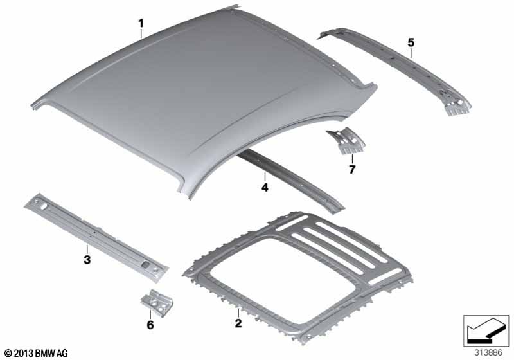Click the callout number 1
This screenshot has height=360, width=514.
point(141,24)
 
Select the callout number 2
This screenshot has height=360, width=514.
point(238,323)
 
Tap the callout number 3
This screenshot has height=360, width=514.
point(87,260)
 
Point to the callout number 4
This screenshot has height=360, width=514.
point(265,187)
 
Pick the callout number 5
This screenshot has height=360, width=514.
point(411,42)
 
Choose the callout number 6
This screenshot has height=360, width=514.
point(150,325)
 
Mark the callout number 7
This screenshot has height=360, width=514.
point(352,170)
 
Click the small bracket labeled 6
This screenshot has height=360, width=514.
point(157,303)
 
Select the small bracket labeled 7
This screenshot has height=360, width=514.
point(346,141)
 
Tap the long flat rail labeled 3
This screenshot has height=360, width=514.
point(95,237)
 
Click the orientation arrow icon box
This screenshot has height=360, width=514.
point(486,330)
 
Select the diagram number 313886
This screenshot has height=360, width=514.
point(488,353)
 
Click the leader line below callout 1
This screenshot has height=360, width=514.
point(141,34)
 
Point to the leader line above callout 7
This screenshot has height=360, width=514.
point(352,159)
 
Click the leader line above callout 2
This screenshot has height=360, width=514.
point(238,313)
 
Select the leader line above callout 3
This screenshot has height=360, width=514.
point(87,249)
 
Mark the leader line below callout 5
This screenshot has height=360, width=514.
point(411,53)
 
